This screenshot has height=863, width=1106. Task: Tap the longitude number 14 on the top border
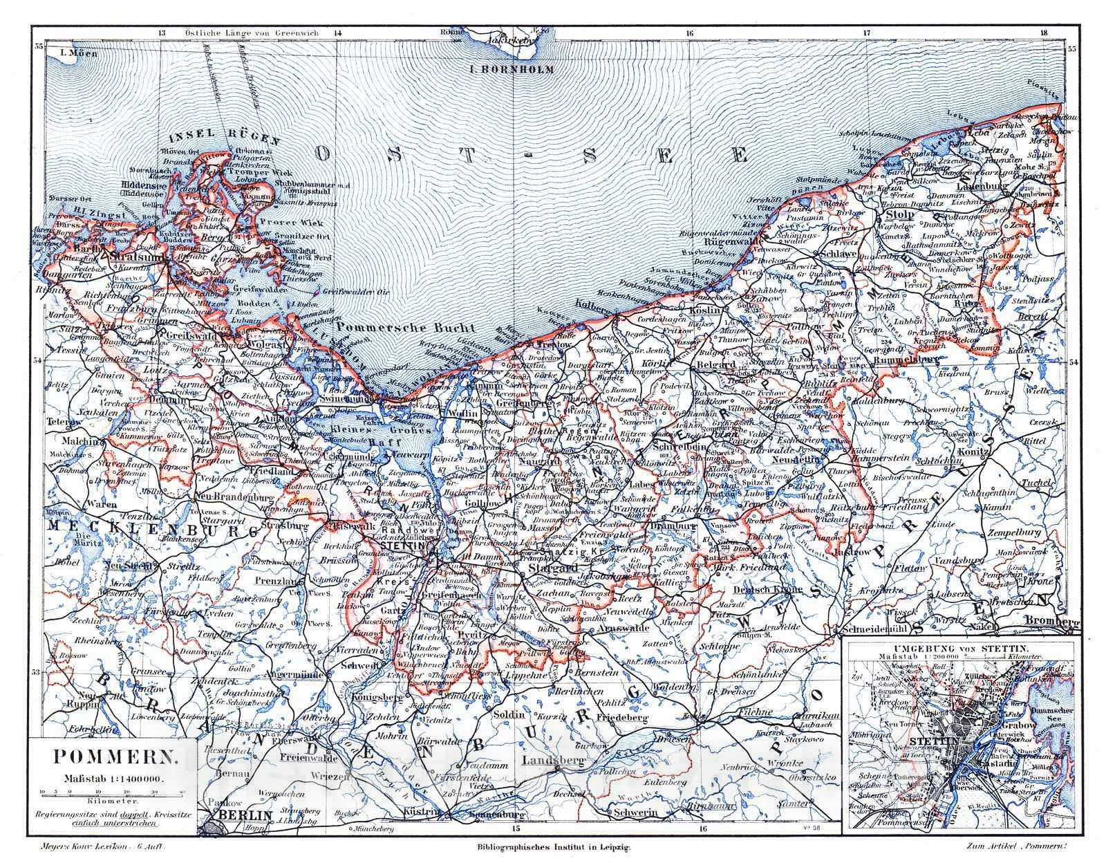click(x=337, y=33)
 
